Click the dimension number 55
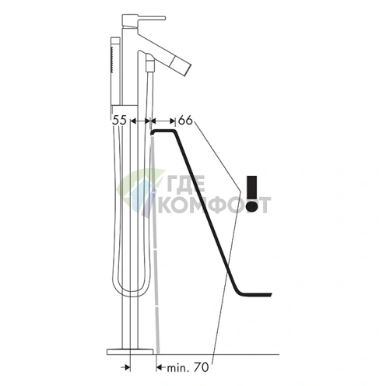(119, 121)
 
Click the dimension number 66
(185, 121)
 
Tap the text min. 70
(188, 367)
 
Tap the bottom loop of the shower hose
(131, 294)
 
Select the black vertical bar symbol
(251, 187)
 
